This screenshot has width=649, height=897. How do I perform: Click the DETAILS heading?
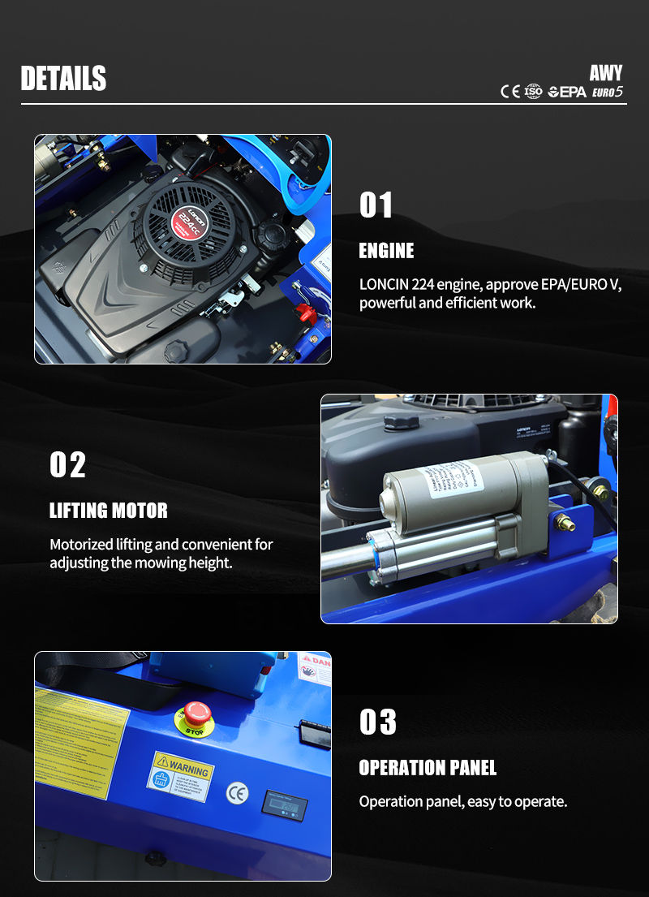(x=63, y=78)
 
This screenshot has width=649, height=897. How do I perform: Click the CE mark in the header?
(x=510, y=92)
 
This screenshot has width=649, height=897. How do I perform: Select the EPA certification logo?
(x=567, y=92)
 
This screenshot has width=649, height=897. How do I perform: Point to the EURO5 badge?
(x=608, y=92)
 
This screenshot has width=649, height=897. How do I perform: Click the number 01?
(x=376, y=205)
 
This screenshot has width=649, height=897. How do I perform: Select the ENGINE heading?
(x=386, y=251)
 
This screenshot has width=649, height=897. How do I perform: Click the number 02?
(x=67, y=465)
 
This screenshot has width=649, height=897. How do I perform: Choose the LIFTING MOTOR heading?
(x=109, y=511)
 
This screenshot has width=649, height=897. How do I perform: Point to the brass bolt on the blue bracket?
(x=565, y=523)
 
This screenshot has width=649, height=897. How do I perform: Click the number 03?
(x=378, y=722)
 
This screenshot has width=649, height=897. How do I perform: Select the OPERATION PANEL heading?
(x=428, y=768)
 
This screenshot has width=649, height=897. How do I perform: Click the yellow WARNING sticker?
(x=180, y=775)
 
